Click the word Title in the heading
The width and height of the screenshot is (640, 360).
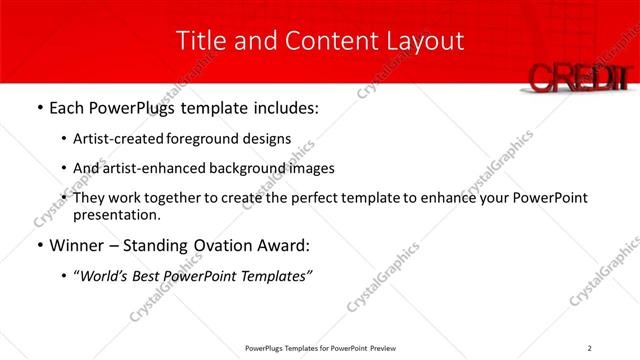197,41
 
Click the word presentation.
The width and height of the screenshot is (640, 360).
117,215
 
